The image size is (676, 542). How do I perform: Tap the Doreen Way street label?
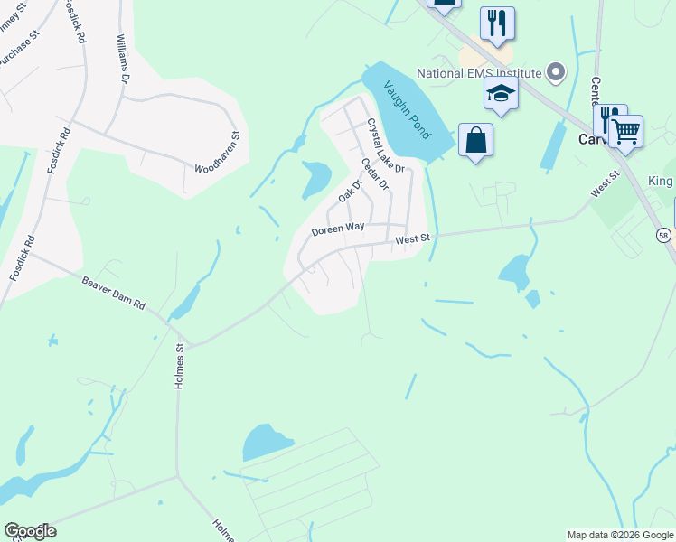click(x=344, y=230)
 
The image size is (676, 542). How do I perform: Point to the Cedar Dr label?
click(x=373, y=174)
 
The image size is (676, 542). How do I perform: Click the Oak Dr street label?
click(x=350, y=191)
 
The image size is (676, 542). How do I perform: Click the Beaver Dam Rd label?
click(x=114, y=292)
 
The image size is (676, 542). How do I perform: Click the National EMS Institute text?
click(x=479, y=73)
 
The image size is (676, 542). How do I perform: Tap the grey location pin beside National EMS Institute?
click(x=556, y=72)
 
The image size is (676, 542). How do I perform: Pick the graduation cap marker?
click(x=501, y=92)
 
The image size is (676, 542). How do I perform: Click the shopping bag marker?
click(x=475, y=140)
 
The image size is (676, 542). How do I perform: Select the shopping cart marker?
click(x=625, y=131)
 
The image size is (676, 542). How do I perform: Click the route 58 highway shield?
click(x=664, y=235)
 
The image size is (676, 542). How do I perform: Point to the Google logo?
click(x=30, y=531)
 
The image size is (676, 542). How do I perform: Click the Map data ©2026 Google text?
click(x=620, y=535)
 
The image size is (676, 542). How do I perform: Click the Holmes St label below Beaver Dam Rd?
click(x=179, y=366)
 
